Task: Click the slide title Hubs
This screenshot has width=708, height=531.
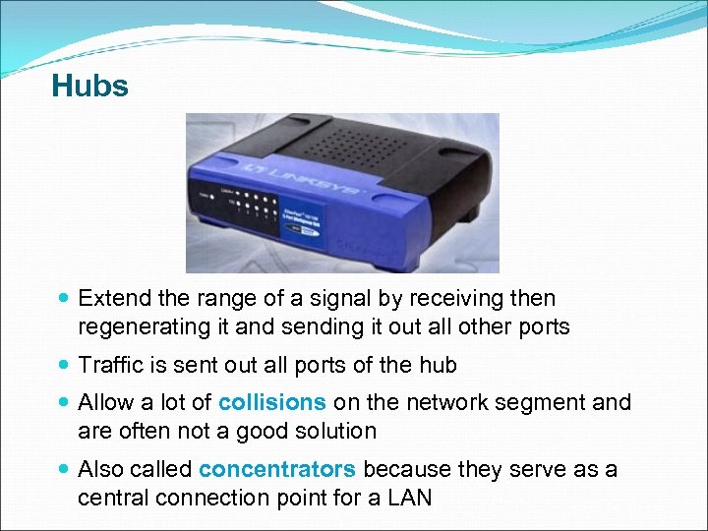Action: pyautogui.click(x=89, y=87)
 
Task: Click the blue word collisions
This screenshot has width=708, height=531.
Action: pyautogui.click(x=272, y=402)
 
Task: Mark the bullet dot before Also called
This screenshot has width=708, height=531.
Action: pyautogui.click(x=64, y=470)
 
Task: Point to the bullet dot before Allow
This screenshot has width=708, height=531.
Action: pyautogui.click(x=64, y=403)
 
